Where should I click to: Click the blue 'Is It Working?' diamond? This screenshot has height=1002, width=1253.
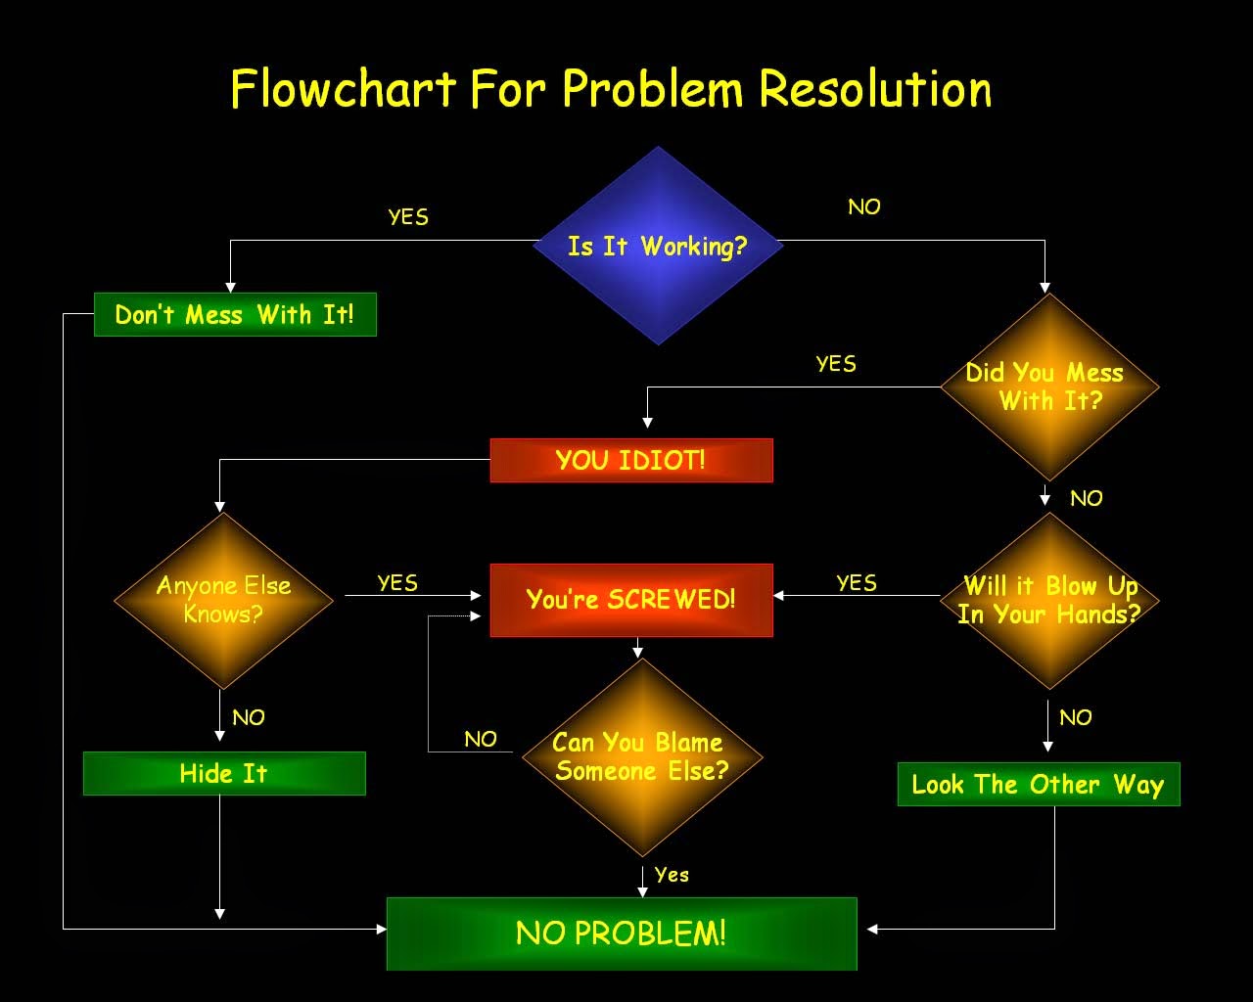(x=658, y=245)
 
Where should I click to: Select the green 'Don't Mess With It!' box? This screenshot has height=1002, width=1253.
(x=235, y=314)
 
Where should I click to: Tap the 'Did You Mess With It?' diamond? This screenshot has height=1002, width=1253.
(x=1049, y=387)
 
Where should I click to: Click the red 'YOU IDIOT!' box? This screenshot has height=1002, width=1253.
(x=631, y=461)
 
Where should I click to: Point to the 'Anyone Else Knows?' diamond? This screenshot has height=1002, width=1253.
(x=223, y=600)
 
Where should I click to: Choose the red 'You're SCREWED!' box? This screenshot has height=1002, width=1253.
(x=631, y=600)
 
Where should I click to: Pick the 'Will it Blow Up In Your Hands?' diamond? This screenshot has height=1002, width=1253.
(x=1049, y=600)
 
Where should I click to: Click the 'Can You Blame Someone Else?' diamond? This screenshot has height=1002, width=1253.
(x=642, y=757)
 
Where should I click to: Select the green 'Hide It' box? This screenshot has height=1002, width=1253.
(x=224, y=773)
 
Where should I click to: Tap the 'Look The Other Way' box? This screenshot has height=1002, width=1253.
(x=1039, y=784)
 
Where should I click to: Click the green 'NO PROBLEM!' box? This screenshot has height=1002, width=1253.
(x=622, y=934)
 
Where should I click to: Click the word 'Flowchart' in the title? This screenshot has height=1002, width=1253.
(x=344, y=88)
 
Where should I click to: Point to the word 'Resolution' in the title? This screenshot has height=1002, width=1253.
(x=875, y=88)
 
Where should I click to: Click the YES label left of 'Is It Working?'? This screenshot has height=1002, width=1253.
(x=408, y=217)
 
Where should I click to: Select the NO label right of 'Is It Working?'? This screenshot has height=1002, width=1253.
(x=864, y=206)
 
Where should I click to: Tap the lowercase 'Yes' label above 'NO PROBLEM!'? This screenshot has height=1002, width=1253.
(x=672, y=875)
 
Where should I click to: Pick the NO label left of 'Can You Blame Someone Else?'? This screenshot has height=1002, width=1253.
(x=481, y=740)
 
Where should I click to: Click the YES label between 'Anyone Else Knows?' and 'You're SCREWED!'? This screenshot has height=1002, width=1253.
(x=397, y=583)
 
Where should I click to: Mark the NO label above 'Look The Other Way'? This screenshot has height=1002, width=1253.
(x=1076, y=717)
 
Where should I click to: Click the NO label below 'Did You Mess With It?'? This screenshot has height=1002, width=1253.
(x=1086, y=498)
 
